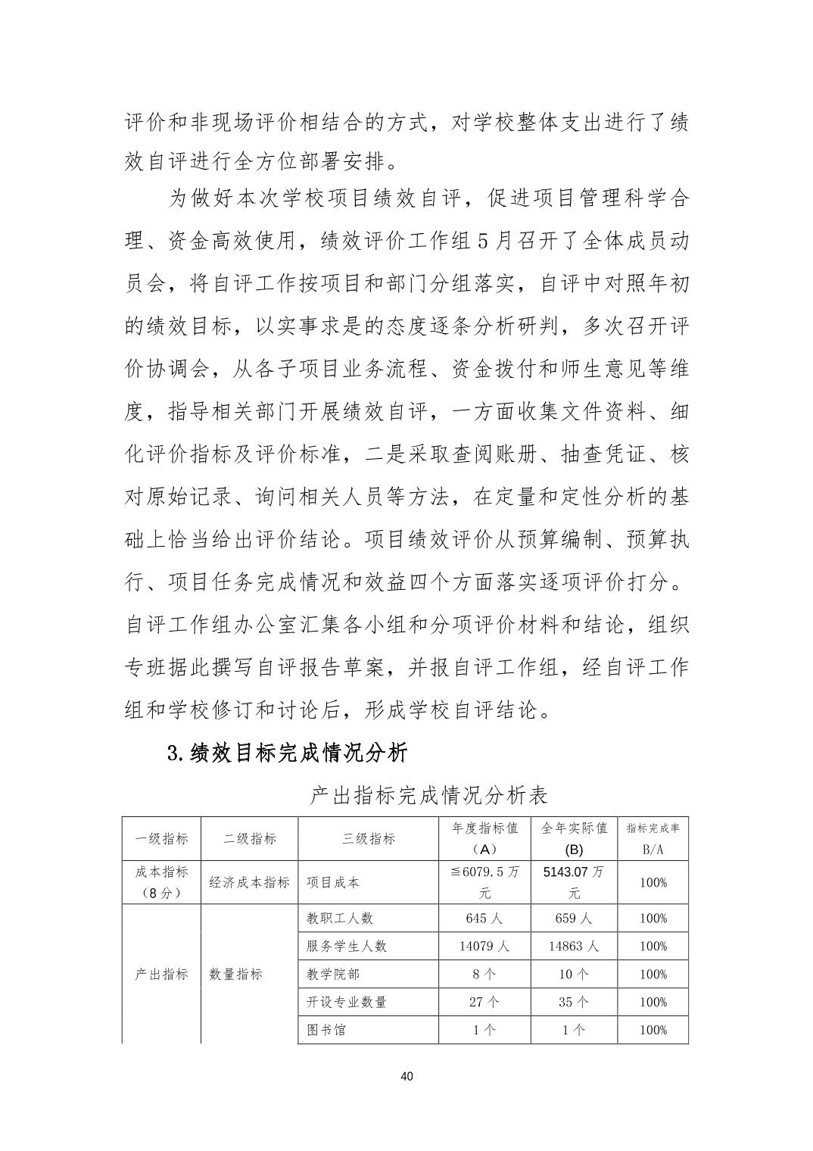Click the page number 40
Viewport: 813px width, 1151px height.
click(406, 1076)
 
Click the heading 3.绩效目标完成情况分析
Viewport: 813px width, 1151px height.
click(287, 753)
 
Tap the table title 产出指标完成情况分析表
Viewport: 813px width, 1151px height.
click(428, 796)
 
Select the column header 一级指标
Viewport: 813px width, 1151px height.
click(161, 838)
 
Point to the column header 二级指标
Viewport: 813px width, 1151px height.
click(250, 838)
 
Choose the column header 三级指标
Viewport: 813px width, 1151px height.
click(369, 838)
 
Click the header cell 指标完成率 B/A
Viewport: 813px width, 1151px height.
click(653, 838)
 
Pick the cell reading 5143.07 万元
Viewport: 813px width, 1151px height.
click(574, 882)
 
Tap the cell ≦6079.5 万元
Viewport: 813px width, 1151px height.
click(484, 882)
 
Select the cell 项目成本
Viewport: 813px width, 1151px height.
click(333, 882)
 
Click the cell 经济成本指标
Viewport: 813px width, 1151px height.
click(250, 882)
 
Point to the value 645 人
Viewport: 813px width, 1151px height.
click(484, 919)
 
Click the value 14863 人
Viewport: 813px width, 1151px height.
click(574, 947)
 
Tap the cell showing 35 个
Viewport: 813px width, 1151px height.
click(574, 1002)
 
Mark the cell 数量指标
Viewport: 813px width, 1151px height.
click(236, 975)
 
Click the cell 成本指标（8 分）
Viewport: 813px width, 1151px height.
click(161, 882)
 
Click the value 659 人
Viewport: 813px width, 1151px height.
click(574, 919)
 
